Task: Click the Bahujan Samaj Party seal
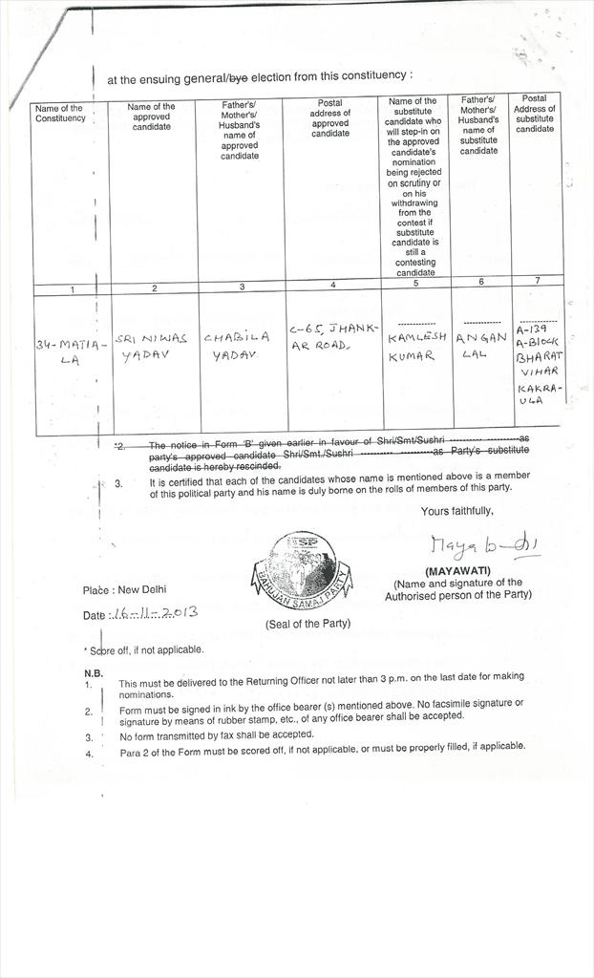click(x=302, y=571)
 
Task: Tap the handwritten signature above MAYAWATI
click(x=484, y=544)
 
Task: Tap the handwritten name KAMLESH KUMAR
click(x=416, y=346)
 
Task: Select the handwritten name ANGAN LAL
click(x=480, y=345)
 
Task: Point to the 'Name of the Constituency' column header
click(x=60, y=114)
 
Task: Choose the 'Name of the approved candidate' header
click(x=151, y=117)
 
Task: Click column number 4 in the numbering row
click(x=332, y=285)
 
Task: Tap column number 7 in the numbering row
click(x=537, y=281)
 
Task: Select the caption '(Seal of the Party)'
click(x=308, y=624)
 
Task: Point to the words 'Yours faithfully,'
click(x=457, y=511)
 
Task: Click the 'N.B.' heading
click(x=94, y=672)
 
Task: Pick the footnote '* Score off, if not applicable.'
click(x=143, y=649)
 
